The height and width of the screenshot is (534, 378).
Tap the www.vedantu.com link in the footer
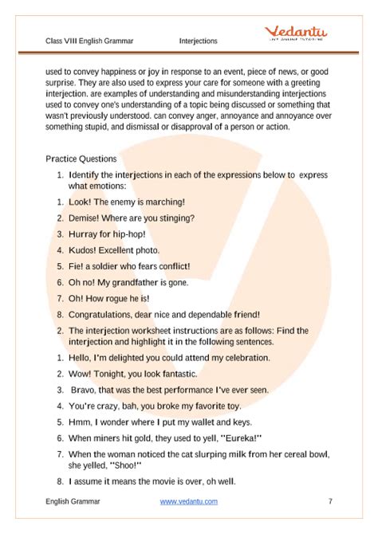coord(189,501)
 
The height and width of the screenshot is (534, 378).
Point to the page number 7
coord(329,501)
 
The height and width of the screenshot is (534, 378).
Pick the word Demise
coord(85,218)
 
